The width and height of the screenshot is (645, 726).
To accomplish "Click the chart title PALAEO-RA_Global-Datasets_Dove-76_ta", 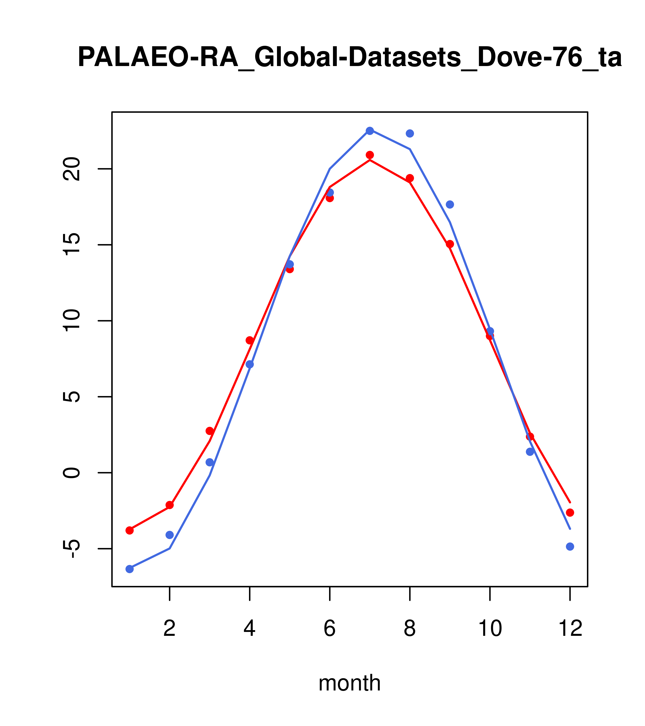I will click(349, 58).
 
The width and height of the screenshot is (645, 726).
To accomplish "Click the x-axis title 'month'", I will click(349, 683).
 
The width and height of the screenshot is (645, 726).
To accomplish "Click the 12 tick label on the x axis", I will click(570, 628).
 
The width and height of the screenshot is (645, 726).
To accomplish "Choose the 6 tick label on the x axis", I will click(330, 628).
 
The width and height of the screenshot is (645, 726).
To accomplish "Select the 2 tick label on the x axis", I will click(170, 628).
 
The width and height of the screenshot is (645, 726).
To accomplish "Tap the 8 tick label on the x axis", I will click(410, 628).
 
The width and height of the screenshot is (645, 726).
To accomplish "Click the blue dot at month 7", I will click(370, 131).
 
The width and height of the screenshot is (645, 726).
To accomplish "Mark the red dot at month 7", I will click(370, 155).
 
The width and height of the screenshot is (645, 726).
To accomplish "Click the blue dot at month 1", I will click(130, 569).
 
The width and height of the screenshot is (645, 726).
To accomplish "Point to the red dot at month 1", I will click(130, 530).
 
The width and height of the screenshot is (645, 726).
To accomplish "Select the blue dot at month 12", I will click(570, 547).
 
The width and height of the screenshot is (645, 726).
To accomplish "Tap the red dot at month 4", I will click(250, 340).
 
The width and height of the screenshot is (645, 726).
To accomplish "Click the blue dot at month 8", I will click(410, 133).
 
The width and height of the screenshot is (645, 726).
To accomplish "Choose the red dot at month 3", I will click(210, 431).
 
